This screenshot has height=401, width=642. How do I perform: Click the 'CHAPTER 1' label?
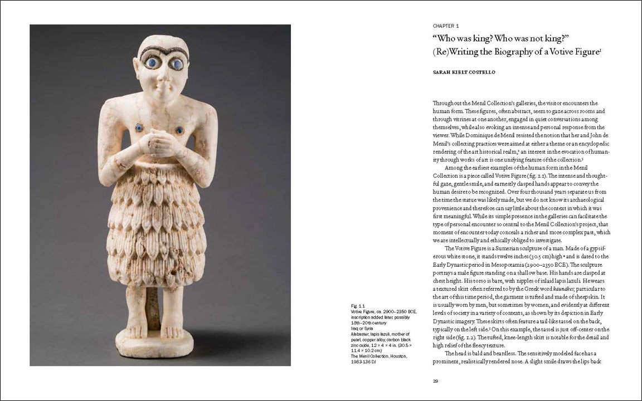445,26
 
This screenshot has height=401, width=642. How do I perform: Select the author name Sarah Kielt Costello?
463,72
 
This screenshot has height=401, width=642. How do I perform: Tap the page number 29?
435,381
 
